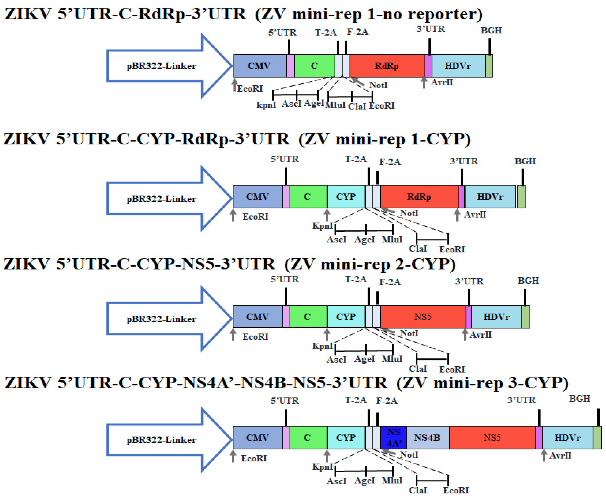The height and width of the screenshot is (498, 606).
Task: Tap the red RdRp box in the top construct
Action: click(387, 66)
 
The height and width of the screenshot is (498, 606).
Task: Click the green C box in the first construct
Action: click(315, 66)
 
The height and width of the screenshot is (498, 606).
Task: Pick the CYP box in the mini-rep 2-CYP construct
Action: click(346, 317)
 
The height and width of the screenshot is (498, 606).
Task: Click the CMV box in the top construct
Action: click(259, 66)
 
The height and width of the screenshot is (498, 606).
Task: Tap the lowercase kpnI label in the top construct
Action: click(266, 105)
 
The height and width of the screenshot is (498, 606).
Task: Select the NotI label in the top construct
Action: click(378, 85)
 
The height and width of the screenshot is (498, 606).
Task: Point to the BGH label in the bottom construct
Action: click(579, 399)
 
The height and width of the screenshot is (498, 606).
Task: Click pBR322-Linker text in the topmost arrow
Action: click(161, 66)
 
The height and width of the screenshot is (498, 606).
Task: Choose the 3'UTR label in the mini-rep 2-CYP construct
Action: click(469, 281)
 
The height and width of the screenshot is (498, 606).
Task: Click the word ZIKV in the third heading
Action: click(26, 264)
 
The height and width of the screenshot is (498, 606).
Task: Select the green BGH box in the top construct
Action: click(489, 66)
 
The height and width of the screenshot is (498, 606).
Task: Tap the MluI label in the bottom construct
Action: click(392, 481)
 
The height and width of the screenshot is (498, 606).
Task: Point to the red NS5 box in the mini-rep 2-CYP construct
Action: click(423, 317)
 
